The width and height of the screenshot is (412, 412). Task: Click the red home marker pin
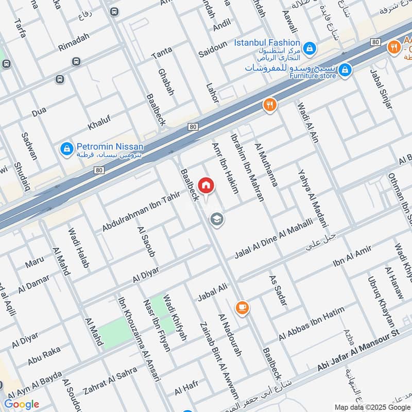click(206, 185)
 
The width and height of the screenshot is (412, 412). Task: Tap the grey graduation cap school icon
click(217, 220)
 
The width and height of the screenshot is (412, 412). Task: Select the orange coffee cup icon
click(242, 307)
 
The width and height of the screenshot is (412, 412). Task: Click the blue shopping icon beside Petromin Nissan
click(66, 149)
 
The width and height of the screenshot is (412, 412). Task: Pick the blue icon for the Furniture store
click(345, 68)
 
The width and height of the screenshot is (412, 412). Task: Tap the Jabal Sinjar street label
click(381, 88)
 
